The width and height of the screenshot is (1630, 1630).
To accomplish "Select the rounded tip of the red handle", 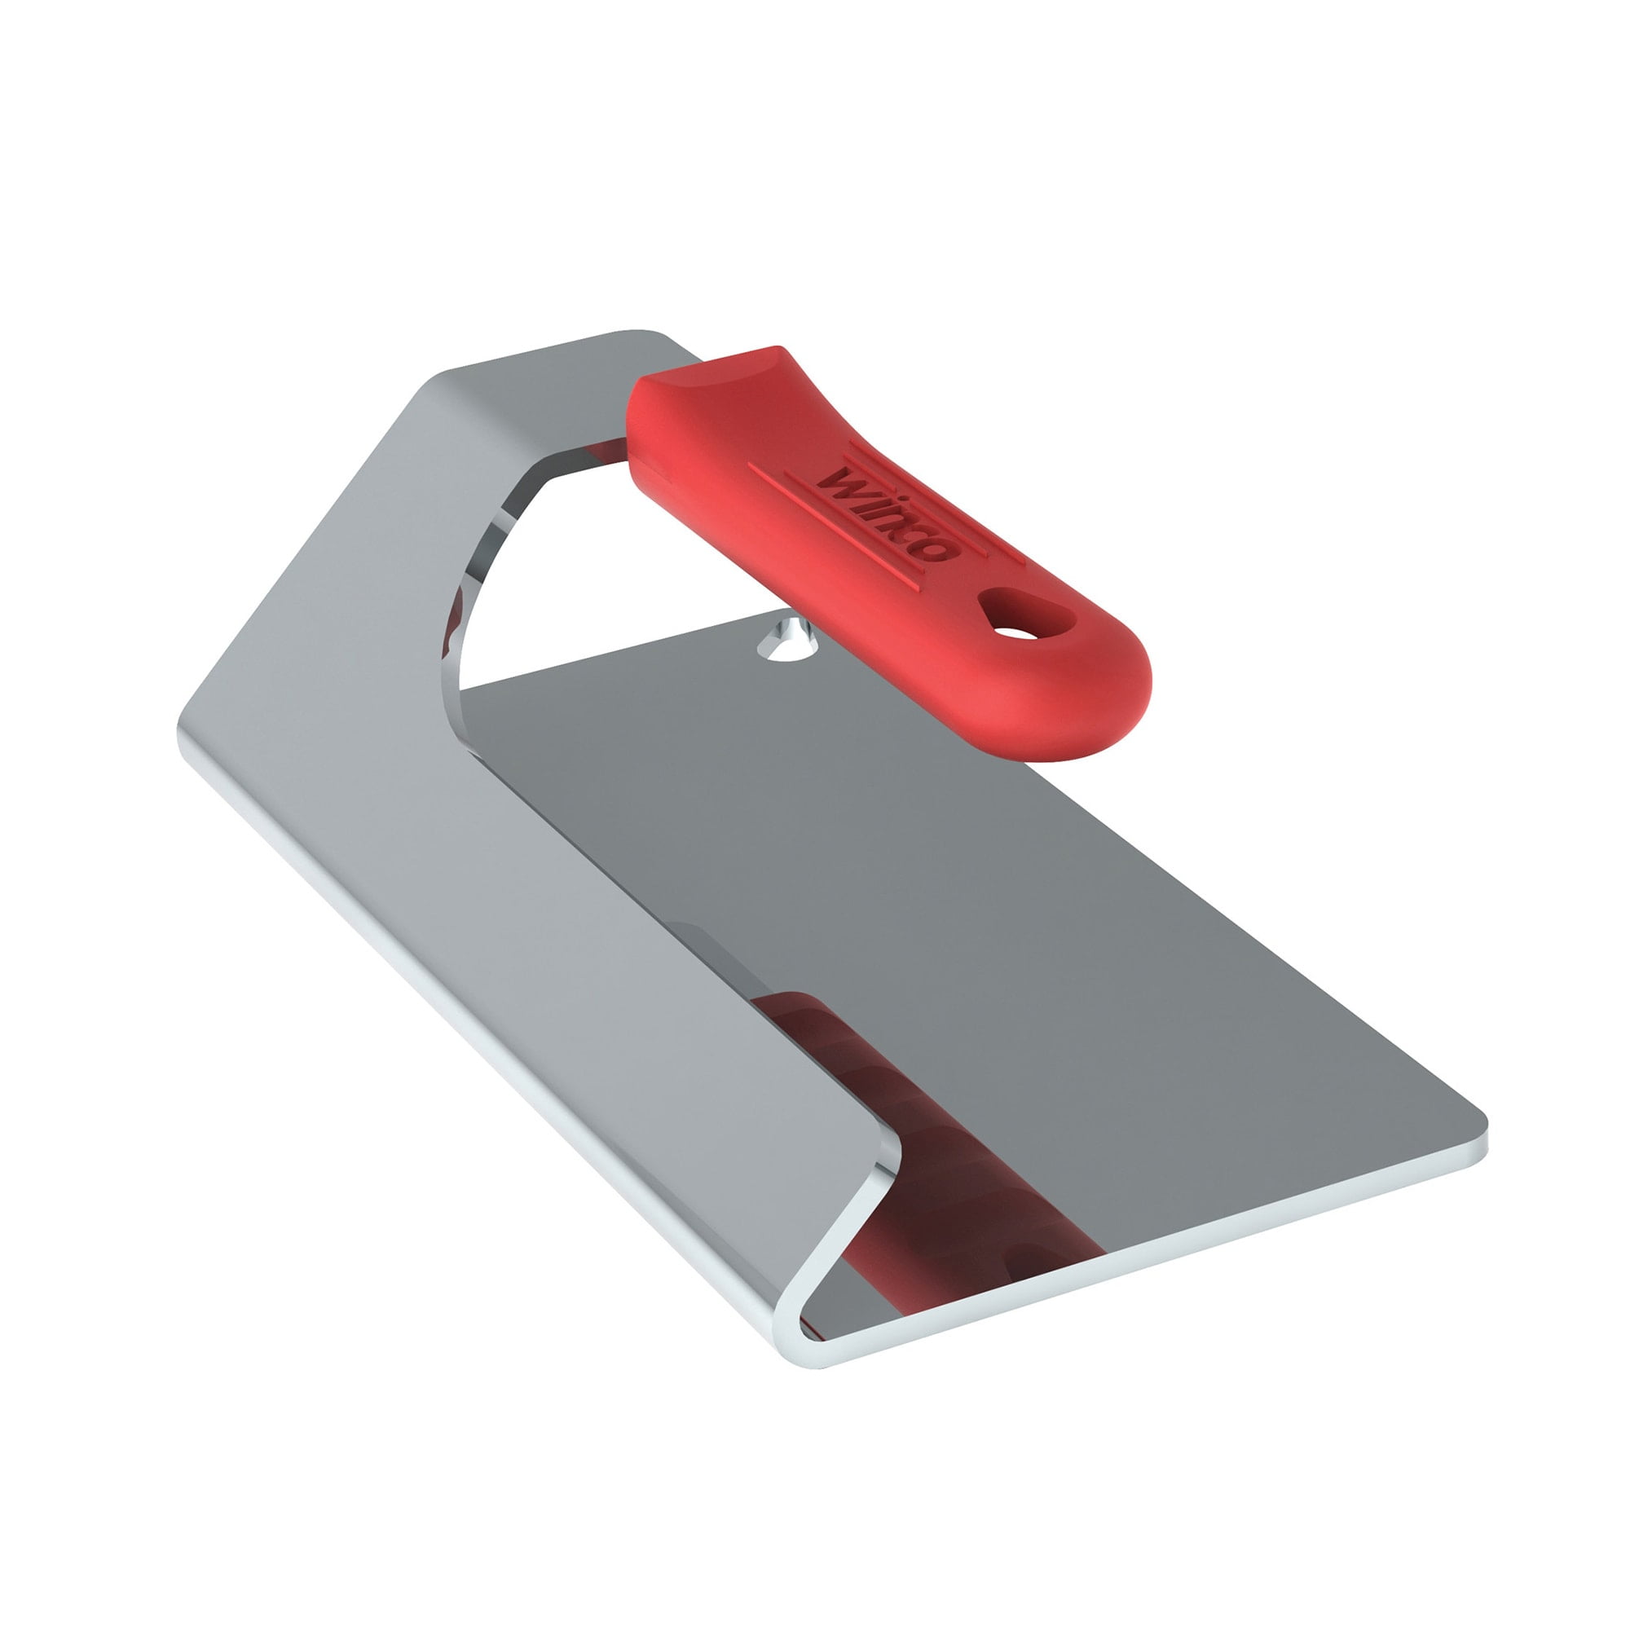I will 1105,692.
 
